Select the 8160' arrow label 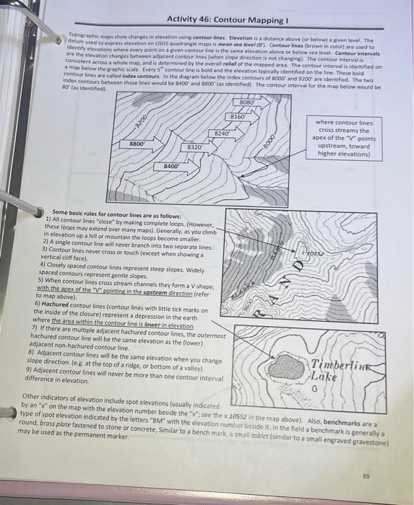pyautogui.click(x=238, y=117)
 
